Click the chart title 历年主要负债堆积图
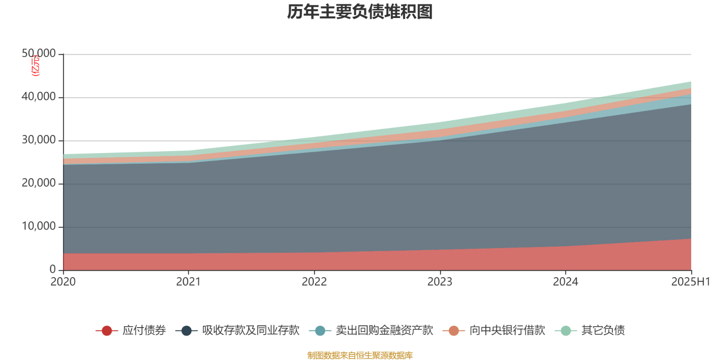click(360, 12)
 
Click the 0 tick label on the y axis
click(53, 270)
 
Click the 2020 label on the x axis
click(63, 282)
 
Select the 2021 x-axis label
click(189, 282)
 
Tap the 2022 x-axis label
click(314, 282)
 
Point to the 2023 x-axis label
click(440, 282)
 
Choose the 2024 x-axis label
click(565, 282)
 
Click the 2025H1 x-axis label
click(690, 282)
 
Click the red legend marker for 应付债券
click(107, 331)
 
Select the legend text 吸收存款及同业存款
click(251, 331)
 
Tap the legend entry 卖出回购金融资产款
click(384, 331)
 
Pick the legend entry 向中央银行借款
click(507, 331)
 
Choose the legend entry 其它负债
click(603, 331)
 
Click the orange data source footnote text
click(360, 355)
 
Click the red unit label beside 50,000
click(36, 66)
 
